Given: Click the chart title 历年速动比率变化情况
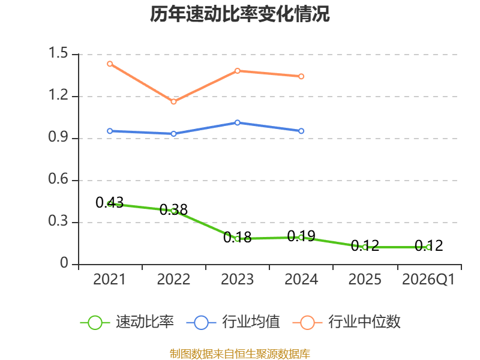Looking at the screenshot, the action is [x=239, y=14].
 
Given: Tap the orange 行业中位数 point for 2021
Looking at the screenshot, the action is [x=110, y=64].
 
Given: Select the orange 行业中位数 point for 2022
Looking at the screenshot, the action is [x=173, y=101].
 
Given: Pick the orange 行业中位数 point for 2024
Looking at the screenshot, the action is [x=301, y=76].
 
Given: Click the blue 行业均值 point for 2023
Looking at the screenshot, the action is [x=238, y=122].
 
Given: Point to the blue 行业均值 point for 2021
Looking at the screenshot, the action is [x=110, y=131].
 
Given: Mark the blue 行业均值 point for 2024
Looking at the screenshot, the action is [x=301, y=131].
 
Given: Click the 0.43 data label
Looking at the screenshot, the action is [x=110, y=202].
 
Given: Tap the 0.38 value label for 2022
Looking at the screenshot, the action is [x=173, y=209].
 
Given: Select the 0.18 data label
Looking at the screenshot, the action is [x=238, y=237].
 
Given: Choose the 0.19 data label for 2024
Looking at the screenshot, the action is [x=301, y=236].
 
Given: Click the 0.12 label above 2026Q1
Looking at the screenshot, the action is [x=429, y=246].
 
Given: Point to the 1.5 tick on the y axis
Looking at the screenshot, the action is [x=58, y=53].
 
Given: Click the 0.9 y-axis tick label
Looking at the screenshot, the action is [x=58, y=137].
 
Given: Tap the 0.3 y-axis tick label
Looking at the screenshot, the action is [x=58, y=221].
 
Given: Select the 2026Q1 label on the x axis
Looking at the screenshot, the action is [x=428, y=279].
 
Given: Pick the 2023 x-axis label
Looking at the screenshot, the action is [x=238, y=279].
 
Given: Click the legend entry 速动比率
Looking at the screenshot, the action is [x=127, y=322].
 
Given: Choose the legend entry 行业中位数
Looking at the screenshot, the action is [x=347, y=322].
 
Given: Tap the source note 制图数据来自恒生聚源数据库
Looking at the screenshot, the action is [x=240, y=354].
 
